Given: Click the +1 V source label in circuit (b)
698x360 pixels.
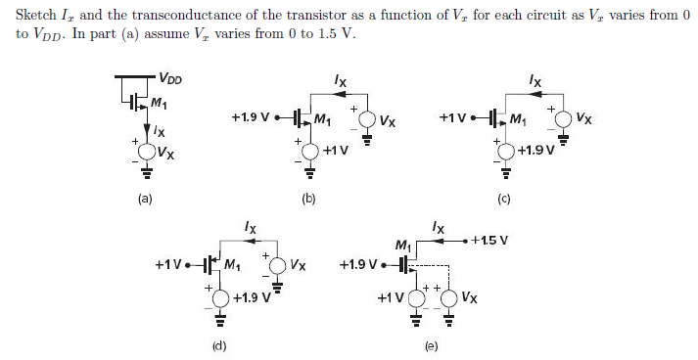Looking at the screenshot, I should pos(335,151).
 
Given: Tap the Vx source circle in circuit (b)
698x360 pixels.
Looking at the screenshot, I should pos(367,121).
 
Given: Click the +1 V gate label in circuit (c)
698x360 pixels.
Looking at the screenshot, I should pos(454,118).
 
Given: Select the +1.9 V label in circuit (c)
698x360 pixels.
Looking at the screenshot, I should pos(535,150).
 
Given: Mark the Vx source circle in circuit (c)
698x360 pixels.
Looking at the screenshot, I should pos(563,120).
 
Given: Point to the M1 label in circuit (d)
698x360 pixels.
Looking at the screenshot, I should pos(233,264).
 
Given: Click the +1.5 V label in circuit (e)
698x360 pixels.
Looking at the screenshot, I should pos(489,240).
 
